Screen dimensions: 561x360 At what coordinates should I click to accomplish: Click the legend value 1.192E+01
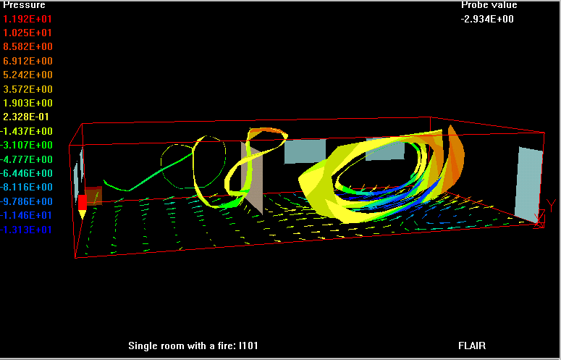pyautogui.click(x=28, y=19)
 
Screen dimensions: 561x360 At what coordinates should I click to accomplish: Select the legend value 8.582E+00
pyautogui.click(x=28, y=46)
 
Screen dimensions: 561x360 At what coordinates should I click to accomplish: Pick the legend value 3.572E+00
pyautogui.click(x=28, y=89)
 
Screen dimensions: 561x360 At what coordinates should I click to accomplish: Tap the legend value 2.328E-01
pyautogui.click(x=26, y=117)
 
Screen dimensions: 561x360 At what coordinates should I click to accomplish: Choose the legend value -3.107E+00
pyautogui.click(x=27, y=145)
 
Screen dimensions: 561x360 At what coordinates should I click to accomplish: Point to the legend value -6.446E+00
pyautogui.click(x=27, y=173)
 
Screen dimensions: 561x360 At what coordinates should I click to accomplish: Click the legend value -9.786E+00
pyautogui.click(x=27, y=201)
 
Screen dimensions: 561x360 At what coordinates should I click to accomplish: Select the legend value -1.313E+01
pyautogui.click(x=26, y=230)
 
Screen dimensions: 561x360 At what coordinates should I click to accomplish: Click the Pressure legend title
pyautogui.click(x=25, y=5)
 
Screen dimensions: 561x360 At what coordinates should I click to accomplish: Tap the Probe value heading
pyautogui.click(x=489, y=5)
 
